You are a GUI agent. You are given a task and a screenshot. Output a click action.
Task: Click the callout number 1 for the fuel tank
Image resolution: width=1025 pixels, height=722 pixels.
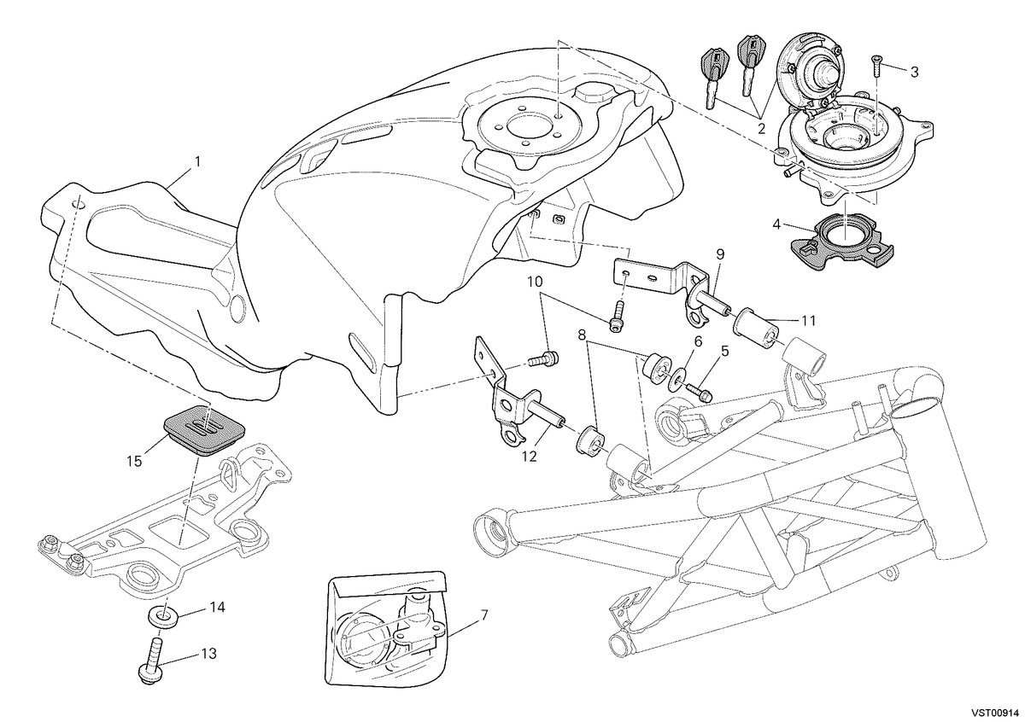pyautogui.click(x=197, y=162)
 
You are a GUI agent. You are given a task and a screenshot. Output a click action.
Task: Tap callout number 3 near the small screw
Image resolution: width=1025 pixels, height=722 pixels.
pyautogui.click(x=914, y=72)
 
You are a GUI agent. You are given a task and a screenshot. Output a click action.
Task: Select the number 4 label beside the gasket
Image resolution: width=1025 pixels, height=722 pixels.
pyautogui.click(x=776, y=224)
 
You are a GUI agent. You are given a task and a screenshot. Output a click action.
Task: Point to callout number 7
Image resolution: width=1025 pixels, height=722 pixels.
pyautogui.click(x=484, y=615)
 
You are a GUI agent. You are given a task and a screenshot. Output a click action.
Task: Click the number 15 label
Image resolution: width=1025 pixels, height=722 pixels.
pyautogui.click(x=135, y=461)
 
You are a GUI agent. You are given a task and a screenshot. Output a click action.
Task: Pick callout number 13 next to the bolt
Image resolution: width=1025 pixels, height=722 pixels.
pyautogui.click(x=208, y=654)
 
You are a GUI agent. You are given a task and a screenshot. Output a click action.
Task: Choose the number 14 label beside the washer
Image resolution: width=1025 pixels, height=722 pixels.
pyautogui.click(x=217, y=608)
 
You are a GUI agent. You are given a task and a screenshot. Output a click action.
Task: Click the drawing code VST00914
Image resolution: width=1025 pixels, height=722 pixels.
pyautogui.click(x=994, y=713)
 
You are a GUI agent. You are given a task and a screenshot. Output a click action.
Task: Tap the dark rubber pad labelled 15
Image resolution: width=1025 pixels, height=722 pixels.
pyautogui.click(x=204, y=429)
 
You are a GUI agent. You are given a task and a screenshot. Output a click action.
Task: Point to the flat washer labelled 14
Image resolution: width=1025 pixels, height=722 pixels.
pyautogui.click(x=163, y=618)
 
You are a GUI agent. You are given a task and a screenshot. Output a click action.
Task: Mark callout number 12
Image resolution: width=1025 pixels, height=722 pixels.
pyautogui.click(x=529, y=457)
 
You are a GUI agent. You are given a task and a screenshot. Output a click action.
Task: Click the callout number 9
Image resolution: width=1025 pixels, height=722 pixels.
pyautogui.click(x=720, y=254)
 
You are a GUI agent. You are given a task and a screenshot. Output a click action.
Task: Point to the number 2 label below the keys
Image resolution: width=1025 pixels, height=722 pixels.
pyautogui.click(x=761, y=130)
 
